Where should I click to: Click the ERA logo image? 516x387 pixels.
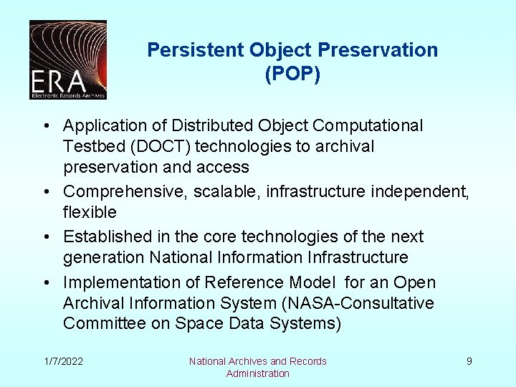click(68, 59)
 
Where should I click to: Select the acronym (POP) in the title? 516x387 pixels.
click(292, 75)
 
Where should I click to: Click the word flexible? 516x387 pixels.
click(90, 212)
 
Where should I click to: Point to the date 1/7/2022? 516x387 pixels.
click(62, 361)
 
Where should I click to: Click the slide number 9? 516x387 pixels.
click(469, 361)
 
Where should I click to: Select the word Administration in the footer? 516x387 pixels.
click(257, 373)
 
